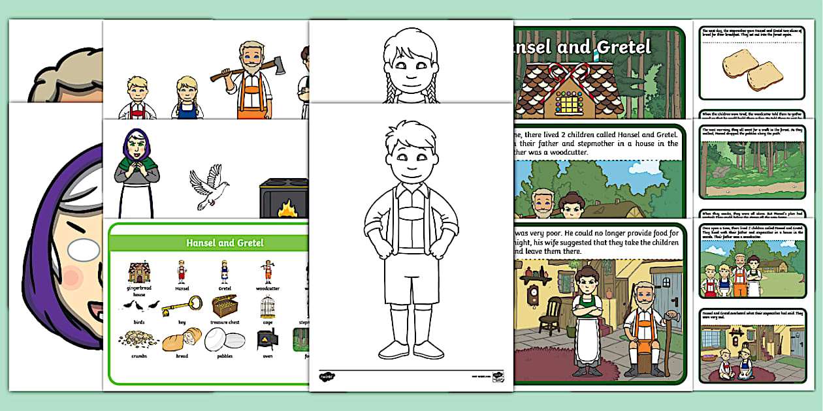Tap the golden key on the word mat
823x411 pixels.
(178, 305)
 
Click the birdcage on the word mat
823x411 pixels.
(268, 305)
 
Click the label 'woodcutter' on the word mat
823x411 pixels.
(267, 288)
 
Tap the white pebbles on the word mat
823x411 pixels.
(225, 339)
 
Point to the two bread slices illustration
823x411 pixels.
(752, 72)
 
